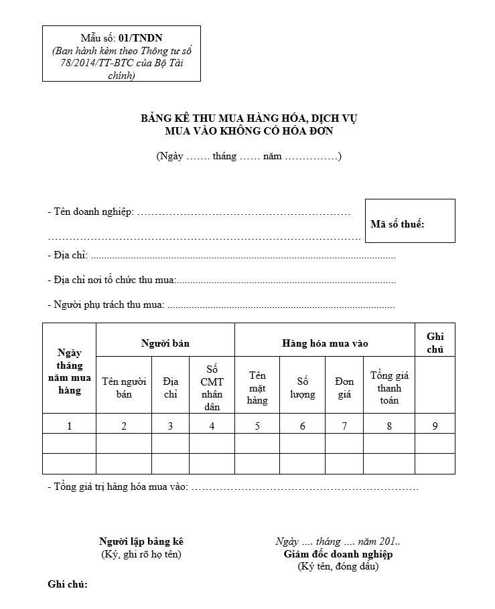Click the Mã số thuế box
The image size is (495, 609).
tap(410, 221)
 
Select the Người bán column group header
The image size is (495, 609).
tap(165, 343)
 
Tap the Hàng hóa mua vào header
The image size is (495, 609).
tap(325, 343)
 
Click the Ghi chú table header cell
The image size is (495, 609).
tap(435, 343)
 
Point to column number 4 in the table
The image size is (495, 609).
tap(212, 426)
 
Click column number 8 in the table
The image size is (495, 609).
tap(389, 426)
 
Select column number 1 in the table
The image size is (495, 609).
tap(70, 426)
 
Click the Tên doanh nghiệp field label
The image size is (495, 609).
tap(91, 212)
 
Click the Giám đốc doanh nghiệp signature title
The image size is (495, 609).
tap(338, 554)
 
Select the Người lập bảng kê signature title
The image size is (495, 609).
tap(141, 541)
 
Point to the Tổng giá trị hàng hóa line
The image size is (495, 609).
tap(118, 487)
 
